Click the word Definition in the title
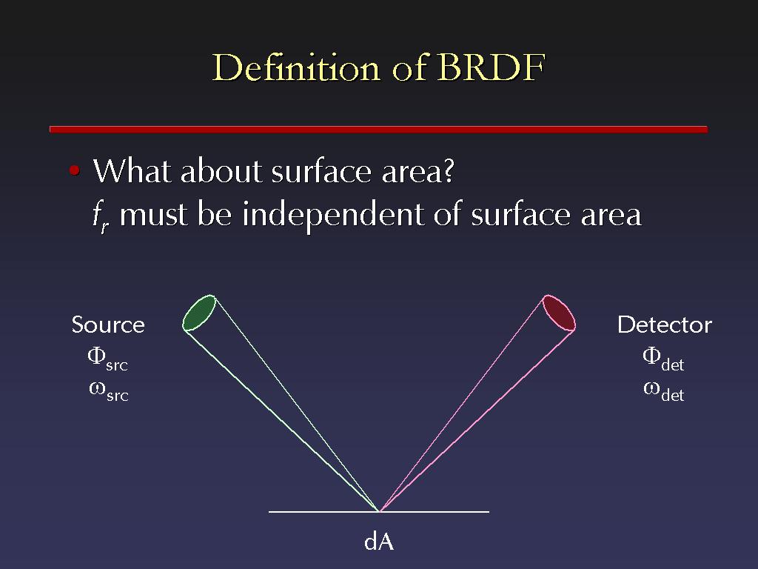pos(296,67)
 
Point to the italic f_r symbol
pos(101,217)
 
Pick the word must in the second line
pos(152,215)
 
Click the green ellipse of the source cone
pos(198,313)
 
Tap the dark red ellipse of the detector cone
pos(558,313)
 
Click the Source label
pos(108,325)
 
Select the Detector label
pos(665,325)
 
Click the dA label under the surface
pos(379,542)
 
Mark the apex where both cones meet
pos(379,511)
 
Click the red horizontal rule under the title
pos(378,129)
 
